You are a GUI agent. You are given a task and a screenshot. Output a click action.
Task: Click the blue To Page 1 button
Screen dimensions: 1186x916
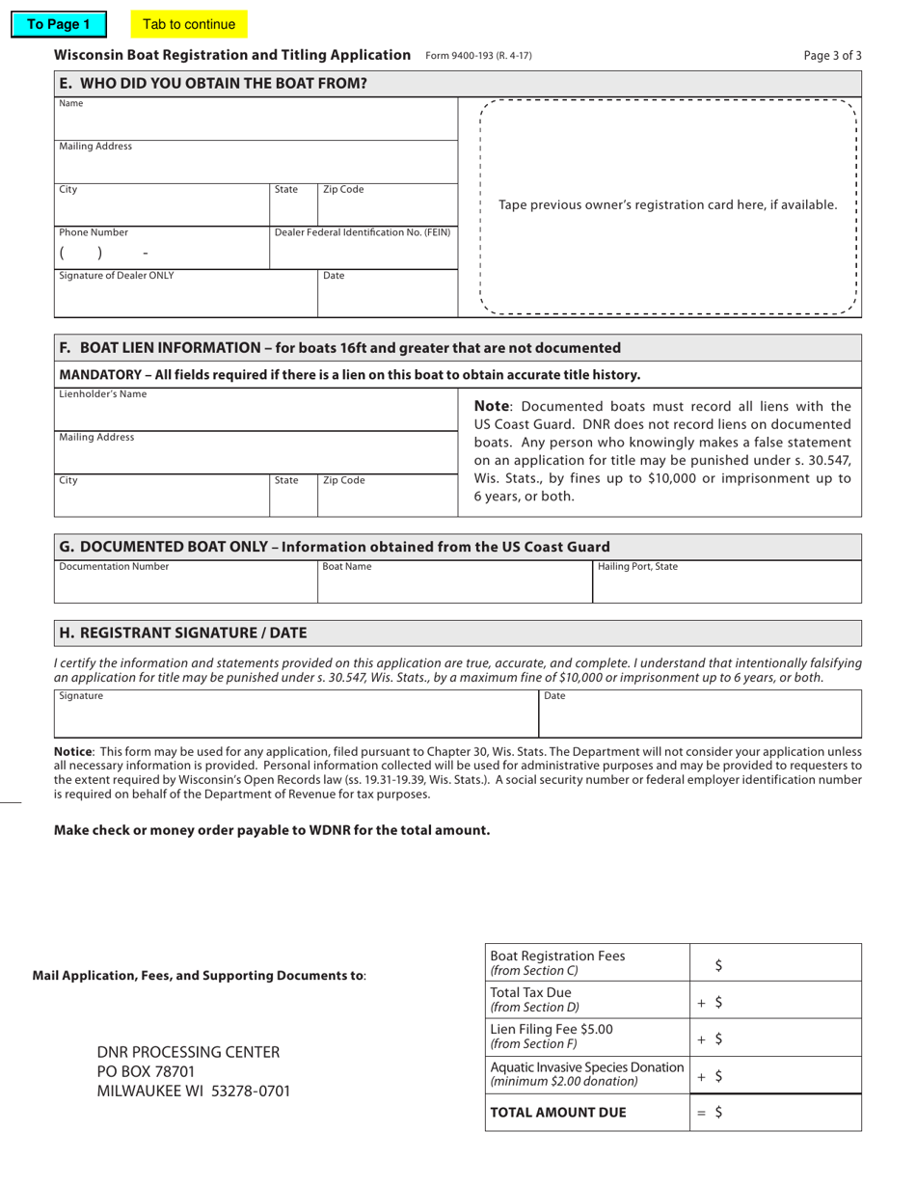(58, 24)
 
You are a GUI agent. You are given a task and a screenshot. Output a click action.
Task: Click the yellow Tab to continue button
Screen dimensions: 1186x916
(189, 24)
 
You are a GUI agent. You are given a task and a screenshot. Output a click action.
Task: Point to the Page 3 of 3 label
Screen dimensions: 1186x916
(832, 56)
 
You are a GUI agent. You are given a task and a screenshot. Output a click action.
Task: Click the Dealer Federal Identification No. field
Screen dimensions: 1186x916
(363, 253)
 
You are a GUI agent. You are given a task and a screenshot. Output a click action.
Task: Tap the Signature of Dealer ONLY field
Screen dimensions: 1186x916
(186, 297)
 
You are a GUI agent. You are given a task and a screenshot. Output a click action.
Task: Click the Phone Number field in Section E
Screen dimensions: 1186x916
(161, 254)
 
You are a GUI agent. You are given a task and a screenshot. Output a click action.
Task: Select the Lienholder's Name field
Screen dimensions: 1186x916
(256, 413)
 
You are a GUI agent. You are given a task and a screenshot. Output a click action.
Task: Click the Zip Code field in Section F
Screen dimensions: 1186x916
(387, 499)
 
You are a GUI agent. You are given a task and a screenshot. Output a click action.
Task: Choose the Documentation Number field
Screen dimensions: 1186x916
(186, 586)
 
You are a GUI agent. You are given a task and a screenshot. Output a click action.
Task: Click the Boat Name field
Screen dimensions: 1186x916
(454, 586)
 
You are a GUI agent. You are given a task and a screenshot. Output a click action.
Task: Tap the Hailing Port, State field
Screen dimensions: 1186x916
(726, 586)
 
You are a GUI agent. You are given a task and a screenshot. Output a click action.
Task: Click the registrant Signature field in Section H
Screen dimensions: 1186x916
(295, 717)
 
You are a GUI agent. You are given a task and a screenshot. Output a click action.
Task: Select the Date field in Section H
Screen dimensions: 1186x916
(699, 717)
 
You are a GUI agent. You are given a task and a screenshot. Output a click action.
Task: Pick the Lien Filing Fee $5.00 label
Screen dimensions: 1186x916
(552, 1029)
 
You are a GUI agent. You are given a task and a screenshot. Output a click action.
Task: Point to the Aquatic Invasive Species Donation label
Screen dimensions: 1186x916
(587, 1067)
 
